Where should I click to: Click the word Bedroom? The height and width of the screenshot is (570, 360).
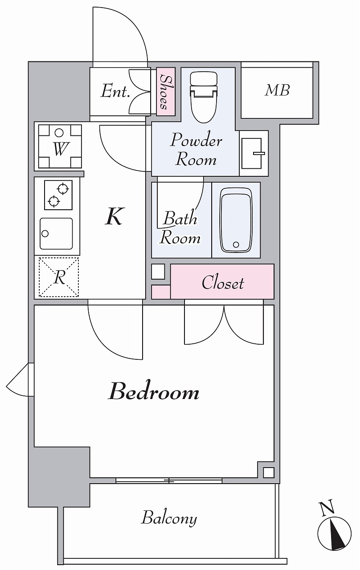click(x=154, y=394)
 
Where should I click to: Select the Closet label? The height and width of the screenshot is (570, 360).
click(x=223, y=282)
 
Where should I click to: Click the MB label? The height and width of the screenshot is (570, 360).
click(x=277, y=90)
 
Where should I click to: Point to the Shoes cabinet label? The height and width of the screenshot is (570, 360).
click(x=165, y=93)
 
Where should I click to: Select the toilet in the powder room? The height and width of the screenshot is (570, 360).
click(x=204, y=97)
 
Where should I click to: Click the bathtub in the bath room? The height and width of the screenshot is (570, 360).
click(x=236, y=220)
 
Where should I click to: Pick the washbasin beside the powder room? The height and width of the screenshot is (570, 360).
click(x=254, y=154)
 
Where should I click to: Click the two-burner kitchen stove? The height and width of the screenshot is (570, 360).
click(x=58, y=195)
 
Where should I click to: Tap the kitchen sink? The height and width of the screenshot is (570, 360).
click(x=56, y=234)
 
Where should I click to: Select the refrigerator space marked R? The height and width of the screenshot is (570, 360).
click(x=58, y=277)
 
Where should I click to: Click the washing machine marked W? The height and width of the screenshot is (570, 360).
click(x=60, y=147)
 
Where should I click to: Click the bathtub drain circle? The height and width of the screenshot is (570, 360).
click(x=236, y=244)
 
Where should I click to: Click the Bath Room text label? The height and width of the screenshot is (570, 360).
click(x=180, y=228)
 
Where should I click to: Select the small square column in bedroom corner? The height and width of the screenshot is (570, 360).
click(x=268, y=473)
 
